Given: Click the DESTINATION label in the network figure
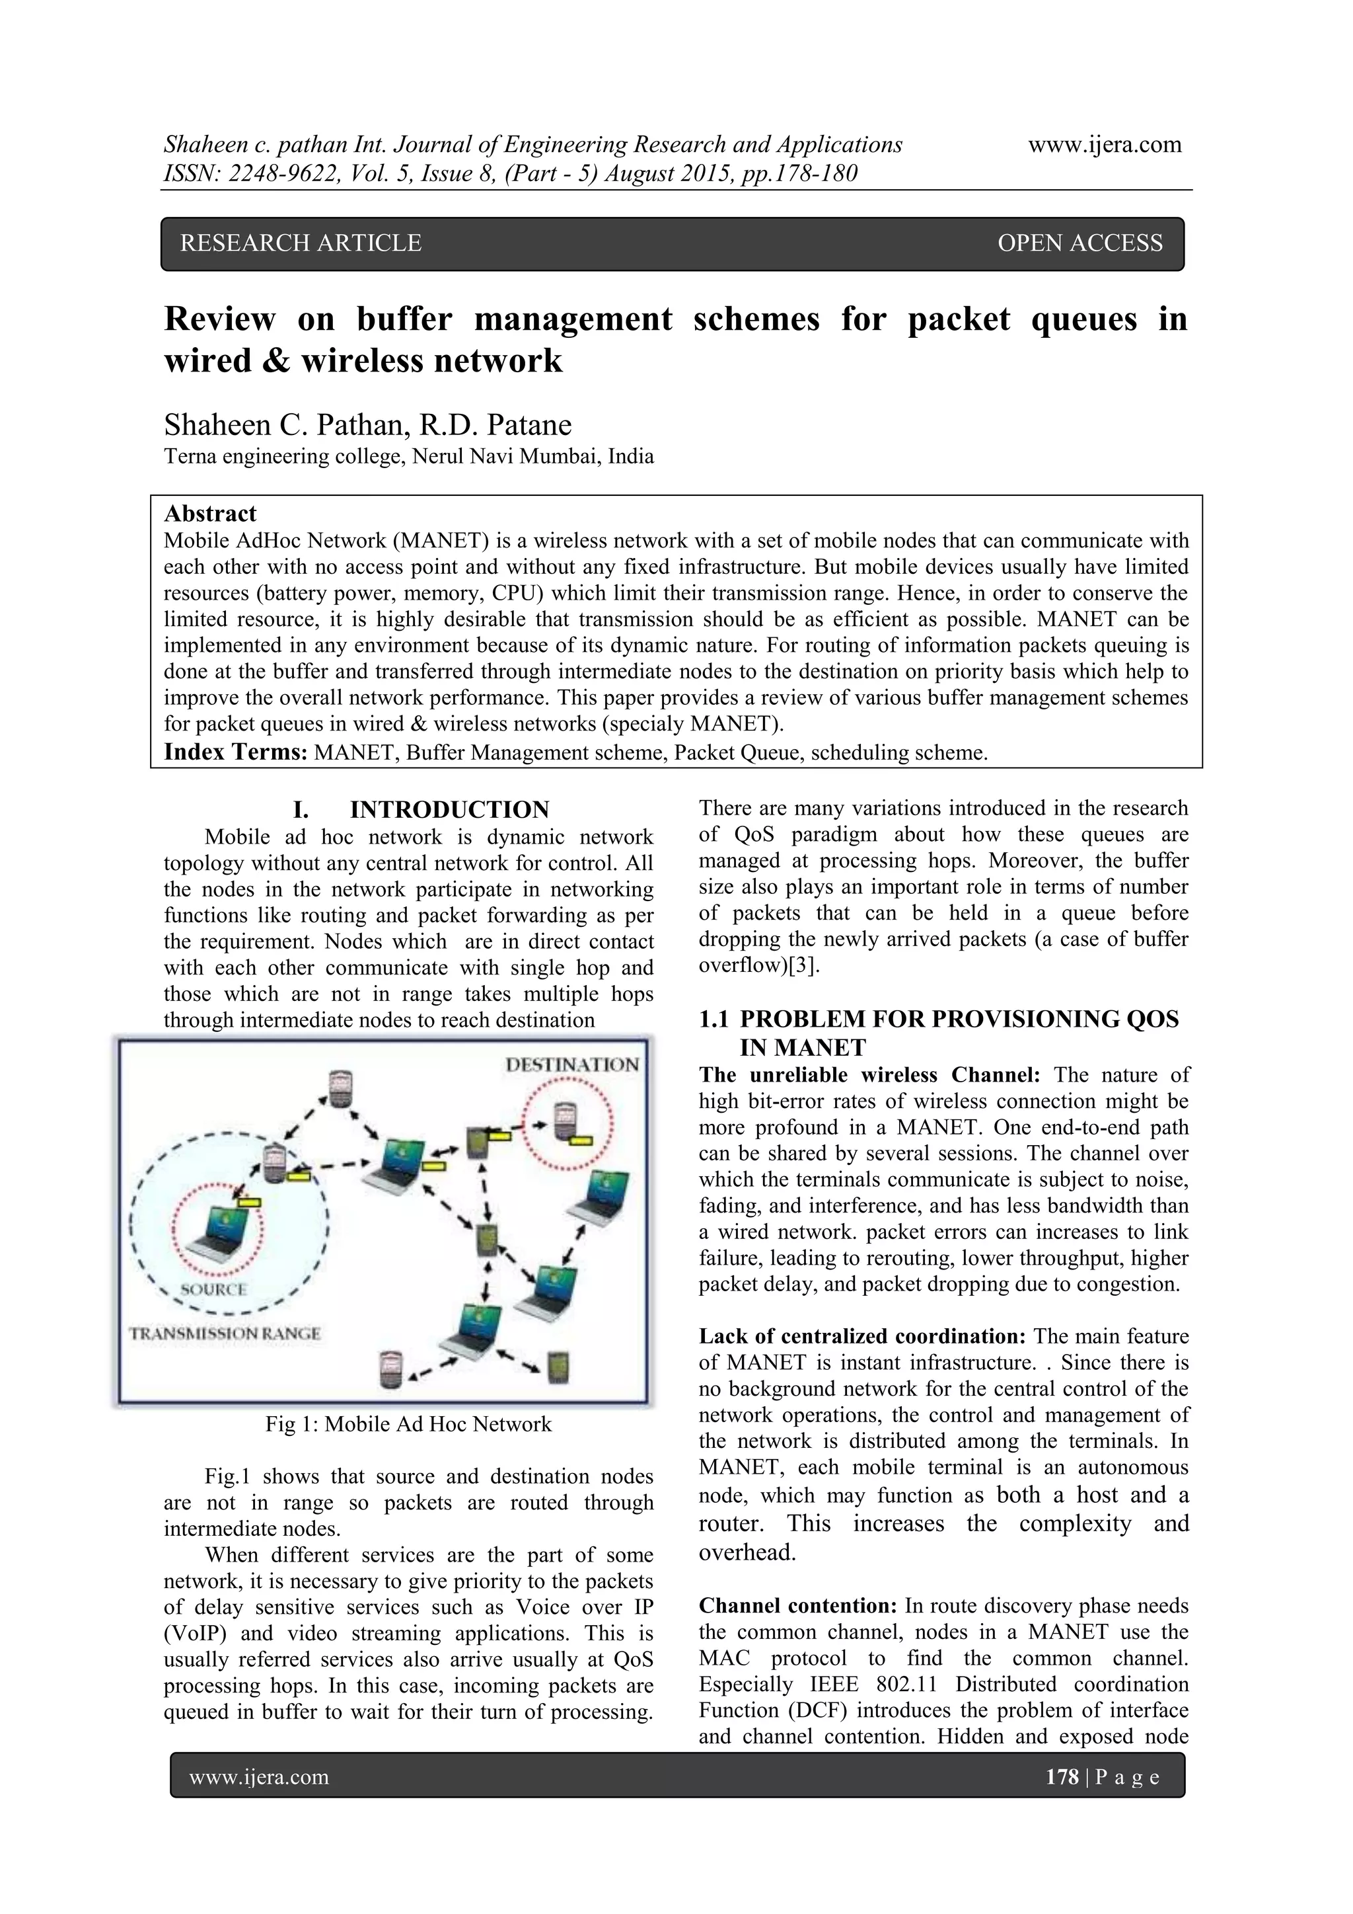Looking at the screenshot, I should [x=571, y=1064].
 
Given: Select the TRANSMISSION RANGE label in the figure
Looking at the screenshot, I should [x=225, y=1333].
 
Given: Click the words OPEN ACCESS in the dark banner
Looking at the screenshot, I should [x=1079, y=243].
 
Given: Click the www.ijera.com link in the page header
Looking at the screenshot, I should [x=1105, y=144].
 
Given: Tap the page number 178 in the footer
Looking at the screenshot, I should [x=1062, y=1777].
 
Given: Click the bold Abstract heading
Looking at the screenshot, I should [x=210, y=514].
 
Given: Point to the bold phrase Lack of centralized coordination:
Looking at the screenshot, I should [x=862, y=1336].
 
